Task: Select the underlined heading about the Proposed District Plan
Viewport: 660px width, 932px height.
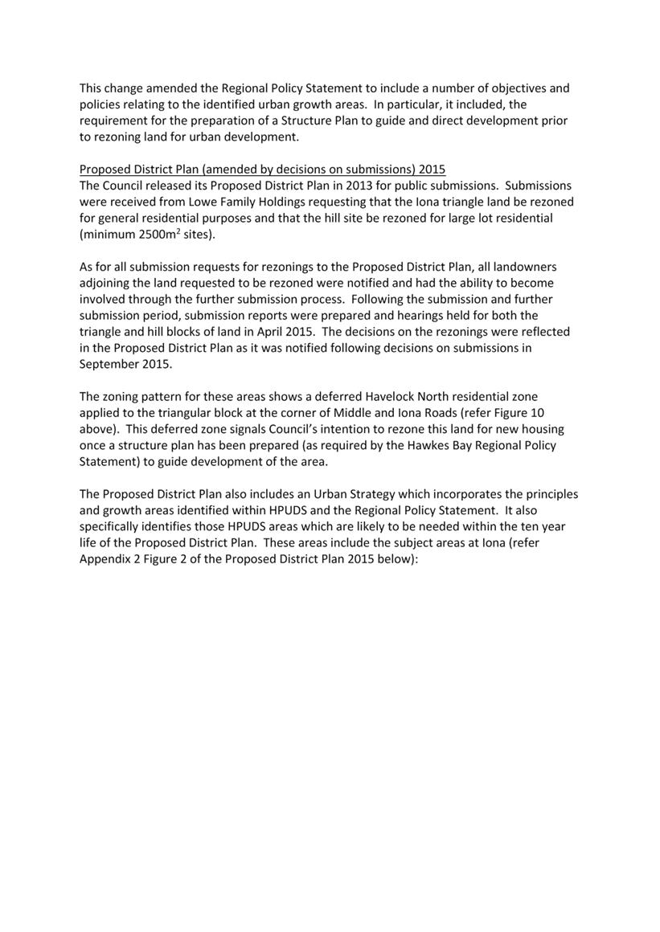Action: [262, 170]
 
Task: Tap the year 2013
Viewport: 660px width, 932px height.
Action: [361, 186]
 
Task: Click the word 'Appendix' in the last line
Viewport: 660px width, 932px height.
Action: [106, 559]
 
